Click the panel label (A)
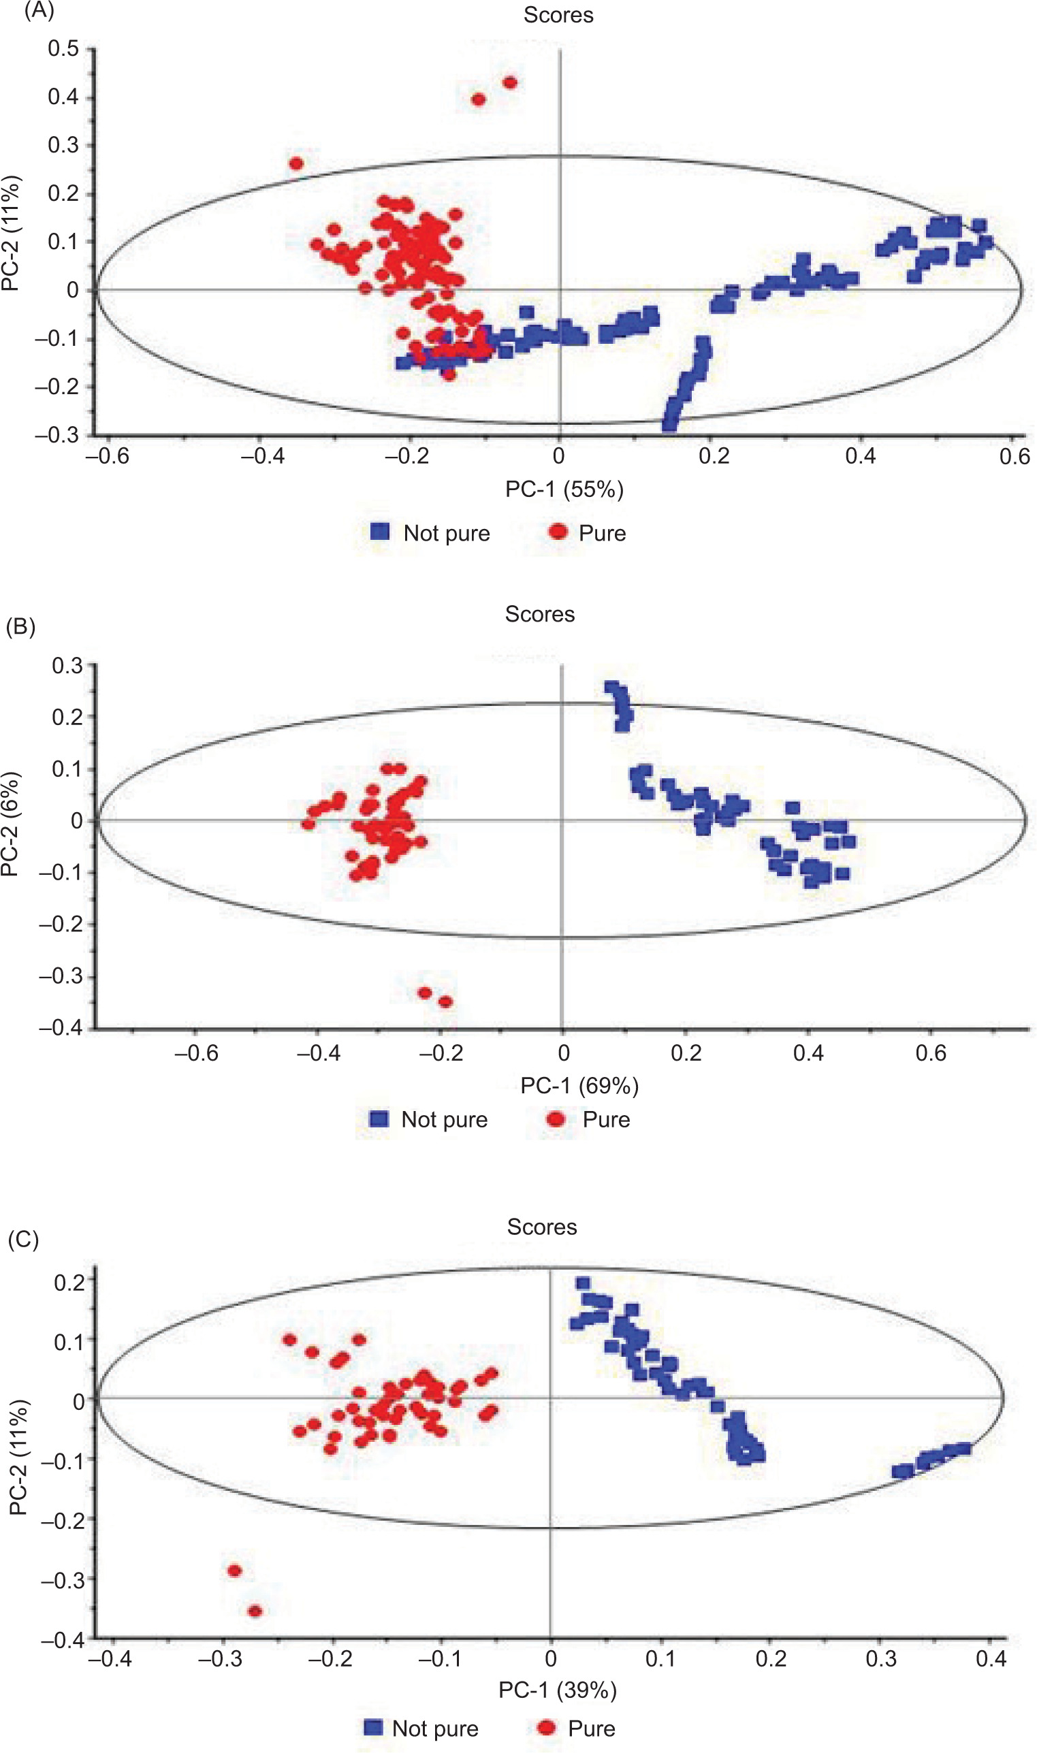click(x=39, y=11)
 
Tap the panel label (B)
click(x=20, y=627)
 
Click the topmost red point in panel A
click(x=510, y=83)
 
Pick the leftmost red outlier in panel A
click(x=296, y=163)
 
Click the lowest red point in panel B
click(x=445, y=1002)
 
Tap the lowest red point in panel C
click(x=255, y=1611)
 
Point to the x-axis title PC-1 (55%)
click(x=564, y=489)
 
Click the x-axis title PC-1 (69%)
click(x=579, y=1085)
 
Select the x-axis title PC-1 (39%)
click(x=557, y=1690)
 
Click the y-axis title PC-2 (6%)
click(x=11, y=824)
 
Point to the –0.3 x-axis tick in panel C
click(x=220, y=1658)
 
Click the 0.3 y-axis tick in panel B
click(x=67, y=666)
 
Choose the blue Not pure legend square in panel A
click(x=379, y=532)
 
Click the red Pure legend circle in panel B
click(x=556, y=1119)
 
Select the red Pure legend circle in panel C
click(x=547, y=1728)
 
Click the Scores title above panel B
click(x=539, y=614)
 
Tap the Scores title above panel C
click(x=541, y=1227)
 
